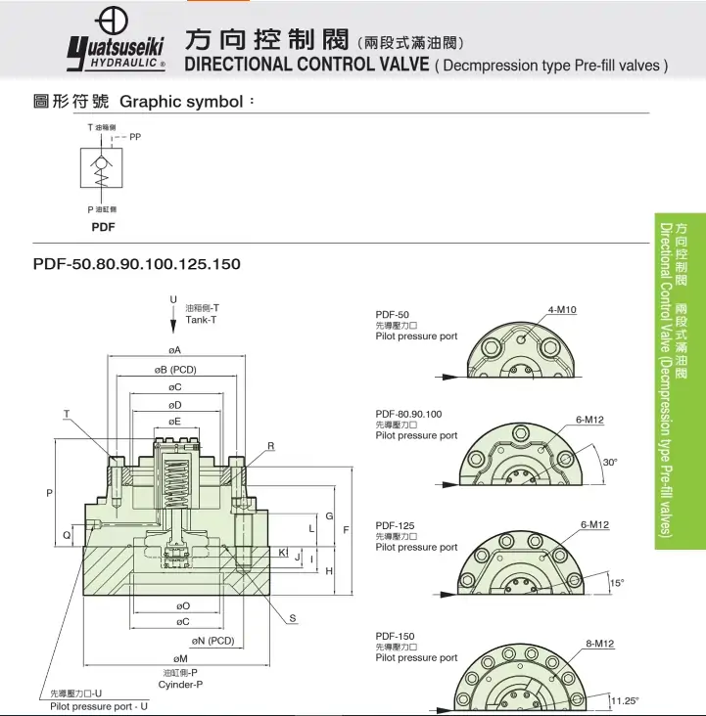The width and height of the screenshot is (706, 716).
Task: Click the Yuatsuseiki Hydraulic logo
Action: tap(116, 44)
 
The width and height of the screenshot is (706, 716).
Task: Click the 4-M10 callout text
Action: tap(562, 310)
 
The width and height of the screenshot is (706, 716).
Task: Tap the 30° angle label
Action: tap(610, 462)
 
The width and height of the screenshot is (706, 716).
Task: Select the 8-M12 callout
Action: tap(599, 643)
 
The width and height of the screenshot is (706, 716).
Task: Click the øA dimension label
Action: tap(175, 349)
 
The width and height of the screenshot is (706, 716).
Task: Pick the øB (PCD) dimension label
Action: tap(175, 370)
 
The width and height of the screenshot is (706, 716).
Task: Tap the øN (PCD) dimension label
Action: tap(213, 641)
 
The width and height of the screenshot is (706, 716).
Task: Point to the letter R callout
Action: tap(271, 446)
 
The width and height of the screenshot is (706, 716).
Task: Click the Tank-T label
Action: tap(201, 321)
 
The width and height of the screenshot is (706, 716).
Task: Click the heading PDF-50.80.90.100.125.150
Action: tap(136, 264)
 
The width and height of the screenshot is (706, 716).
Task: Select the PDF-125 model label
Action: tap(395, 526)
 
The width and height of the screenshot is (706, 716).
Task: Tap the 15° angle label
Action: tap(616, 583)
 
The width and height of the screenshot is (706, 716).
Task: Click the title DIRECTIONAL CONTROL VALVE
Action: tap(306, 65)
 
